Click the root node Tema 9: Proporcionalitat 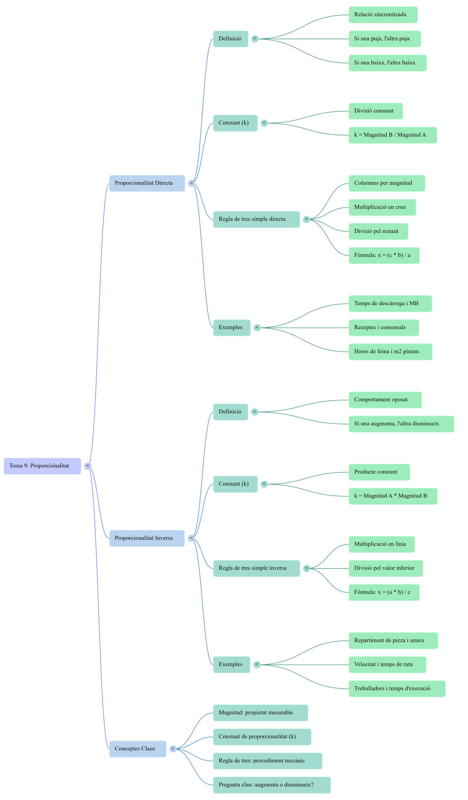[42, 466]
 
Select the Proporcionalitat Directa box [147, 183]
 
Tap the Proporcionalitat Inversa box [147, 538]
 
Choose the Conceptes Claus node [137, 748]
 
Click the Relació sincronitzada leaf [383, 15]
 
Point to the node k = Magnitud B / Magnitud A [392, 135]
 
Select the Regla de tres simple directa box [256, 219]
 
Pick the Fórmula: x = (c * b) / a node [384, 255]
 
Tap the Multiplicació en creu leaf [382, 207]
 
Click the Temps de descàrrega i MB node [390, 303]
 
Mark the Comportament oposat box [385, 400]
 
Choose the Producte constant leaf [379, 472]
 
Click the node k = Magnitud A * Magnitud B [393, 496]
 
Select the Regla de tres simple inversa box [256, 568]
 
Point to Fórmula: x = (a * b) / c [384, 592]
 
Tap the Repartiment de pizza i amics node [393, 640]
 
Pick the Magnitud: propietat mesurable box [260, 712]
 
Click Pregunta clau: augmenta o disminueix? [271, 785]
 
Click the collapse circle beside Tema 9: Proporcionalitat [88, 466]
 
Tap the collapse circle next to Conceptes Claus [173, 749]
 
